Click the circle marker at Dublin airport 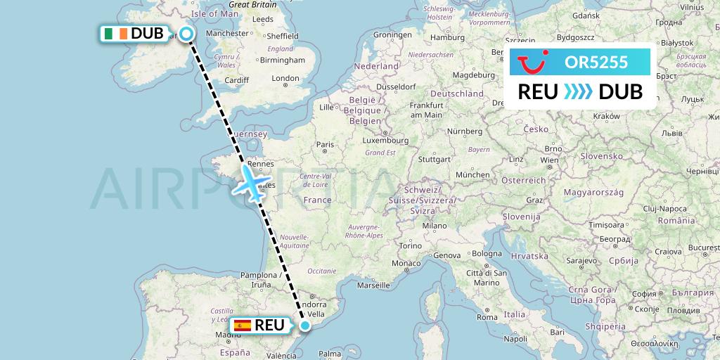point(186,33)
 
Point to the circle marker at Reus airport point(305,325)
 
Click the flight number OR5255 point(596,62)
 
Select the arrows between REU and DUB point(579,91)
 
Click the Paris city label point(324,145)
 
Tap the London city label point(285,79)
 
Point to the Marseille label point(373,285)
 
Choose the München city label point(472,174)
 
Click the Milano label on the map point(435,226)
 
